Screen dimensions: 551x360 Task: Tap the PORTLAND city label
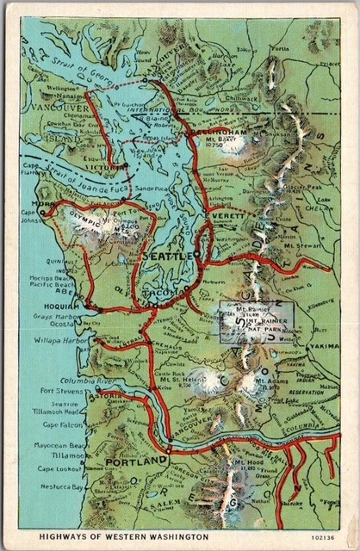(x=134, y=462)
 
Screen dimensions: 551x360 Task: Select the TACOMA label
(x=167, y=293)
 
